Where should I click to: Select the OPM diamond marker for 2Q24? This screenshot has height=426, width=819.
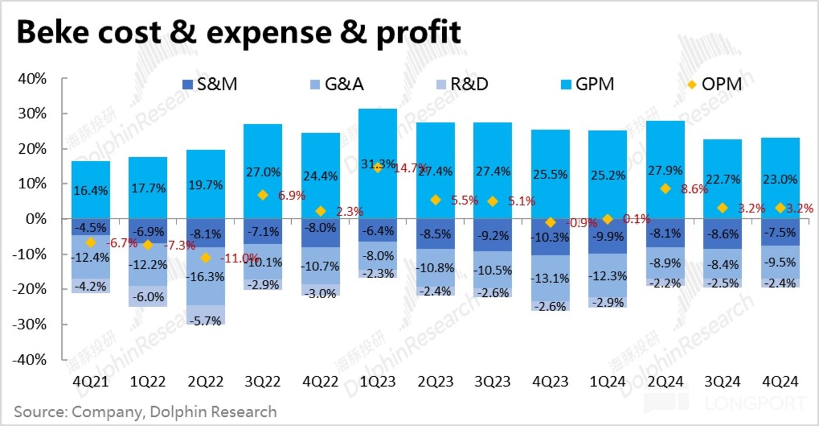click(x=665, y=189)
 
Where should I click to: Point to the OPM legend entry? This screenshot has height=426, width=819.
click(x=714, y=84)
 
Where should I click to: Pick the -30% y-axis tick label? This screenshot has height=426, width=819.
click(x=35, y=324)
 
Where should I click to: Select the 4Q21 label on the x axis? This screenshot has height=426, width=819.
click(x=90, y=382)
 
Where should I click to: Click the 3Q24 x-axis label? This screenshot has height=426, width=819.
click(x=722, y=382)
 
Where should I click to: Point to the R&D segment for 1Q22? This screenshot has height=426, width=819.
click(x=148, y=296)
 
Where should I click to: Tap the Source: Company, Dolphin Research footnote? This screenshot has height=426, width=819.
click(x=145, y=411)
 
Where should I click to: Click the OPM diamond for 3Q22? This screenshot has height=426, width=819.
click(x=263, y=195)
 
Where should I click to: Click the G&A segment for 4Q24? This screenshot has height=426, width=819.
click(x=779, y=262)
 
